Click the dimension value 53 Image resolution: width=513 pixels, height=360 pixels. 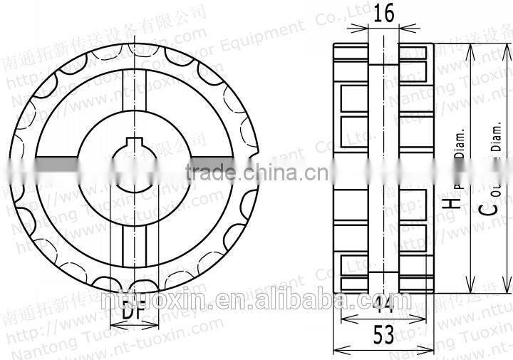[x=384, y=334]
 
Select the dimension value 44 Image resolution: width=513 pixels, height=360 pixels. [x=384, y=306]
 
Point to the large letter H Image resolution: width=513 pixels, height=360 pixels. [x=447, y=202]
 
